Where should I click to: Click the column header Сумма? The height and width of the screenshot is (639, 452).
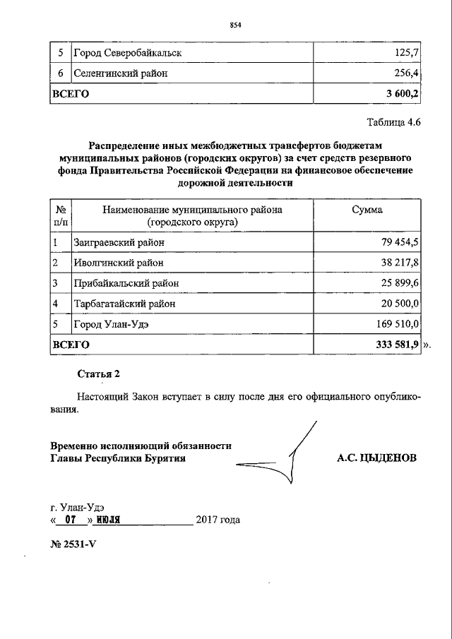pyautogui.click(x=367, y=210)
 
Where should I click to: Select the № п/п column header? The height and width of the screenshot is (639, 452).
pyautogui.click(x=61, y=216)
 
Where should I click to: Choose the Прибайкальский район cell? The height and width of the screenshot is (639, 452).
pyautogui.click(x=125, y=283)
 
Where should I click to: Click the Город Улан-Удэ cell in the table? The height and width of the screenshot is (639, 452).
pyautogui.click(x=111, y=324)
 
